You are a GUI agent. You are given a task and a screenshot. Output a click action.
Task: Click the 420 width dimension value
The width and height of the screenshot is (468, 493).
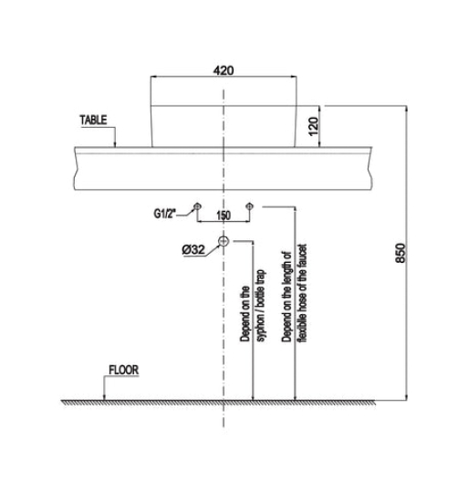[x=224, y=70]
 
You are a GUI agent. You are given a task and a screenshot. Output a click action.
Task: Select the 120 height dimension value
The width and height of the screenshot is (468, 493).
[x=314, y=126]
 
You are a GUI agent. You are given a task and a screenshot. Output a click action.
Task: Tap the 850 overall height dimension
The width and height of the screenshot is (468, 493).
[x=400, y=253]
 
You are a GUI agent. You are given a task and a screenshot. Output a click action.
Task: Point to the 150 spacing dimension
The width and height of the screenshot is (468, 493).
[x=224, y=215]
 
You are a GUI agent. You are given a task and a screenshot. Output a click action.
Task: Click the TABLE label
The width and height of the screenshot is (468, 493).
[x=93, y=120]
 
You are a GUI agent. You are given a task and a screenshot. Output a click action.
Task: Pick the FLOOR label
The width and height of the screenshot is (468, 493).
[x=123, y=370]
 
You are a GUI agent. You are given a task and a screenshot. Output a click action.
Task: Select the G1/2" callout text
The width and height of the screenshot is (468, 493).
[x=164, y=214]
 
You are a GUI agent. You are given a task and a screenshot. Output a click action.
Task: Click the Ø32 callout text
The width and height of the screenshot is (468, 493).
[x=193, y=249]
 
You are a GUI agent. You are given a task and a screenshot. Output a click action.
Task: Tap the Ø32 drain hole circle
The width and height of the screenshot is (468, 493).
[x=224, y=241]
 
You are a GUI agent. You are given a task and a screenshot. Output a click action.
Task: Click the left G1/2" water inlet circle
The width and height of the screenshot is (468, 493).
[x=197, y=206]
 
